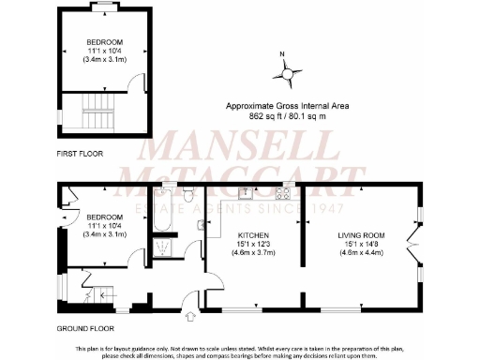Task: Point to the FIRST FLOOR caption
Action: tap(79, 153)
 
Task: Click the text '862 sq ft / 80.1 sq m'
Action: tap(286, 118)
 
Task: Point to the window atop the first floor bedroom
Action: tap(102, 7)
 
